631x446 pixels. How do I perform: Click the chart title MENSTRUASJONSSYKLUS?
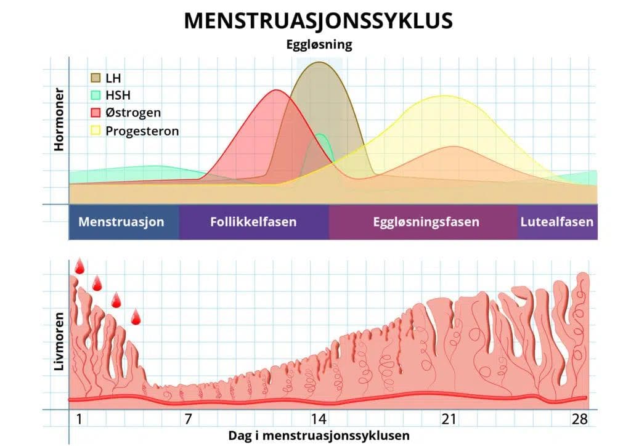pos(318,21)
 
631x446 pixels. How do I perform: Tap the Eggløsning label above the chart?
pos(319,45)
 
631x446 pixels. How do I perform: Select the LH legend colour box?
pos(96,78)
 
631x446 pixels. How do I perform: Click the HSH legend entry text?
pos(118,95)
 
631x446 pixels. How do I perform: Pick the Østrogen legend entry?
pos(133,113)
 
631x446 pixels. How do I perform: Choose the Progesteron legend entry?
pos(142,131)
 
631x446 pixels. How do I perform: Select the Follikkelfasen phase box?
pos(253,222)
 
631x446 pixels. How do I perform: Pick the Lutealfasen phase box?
pos(557,222)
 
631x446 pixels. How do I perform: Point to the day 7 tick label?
pos(187,420)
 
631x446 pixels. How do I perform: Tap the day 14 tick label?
pos(318,420)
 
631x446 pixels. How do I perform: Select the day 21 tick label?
pos(449,420)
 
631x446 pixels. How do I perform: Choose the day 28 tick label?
pos(579,420)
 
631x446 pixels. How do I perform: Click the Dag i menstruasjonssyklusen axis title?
pos(319,435)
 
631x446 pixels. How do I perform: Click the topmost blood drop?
pos(79,267)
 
